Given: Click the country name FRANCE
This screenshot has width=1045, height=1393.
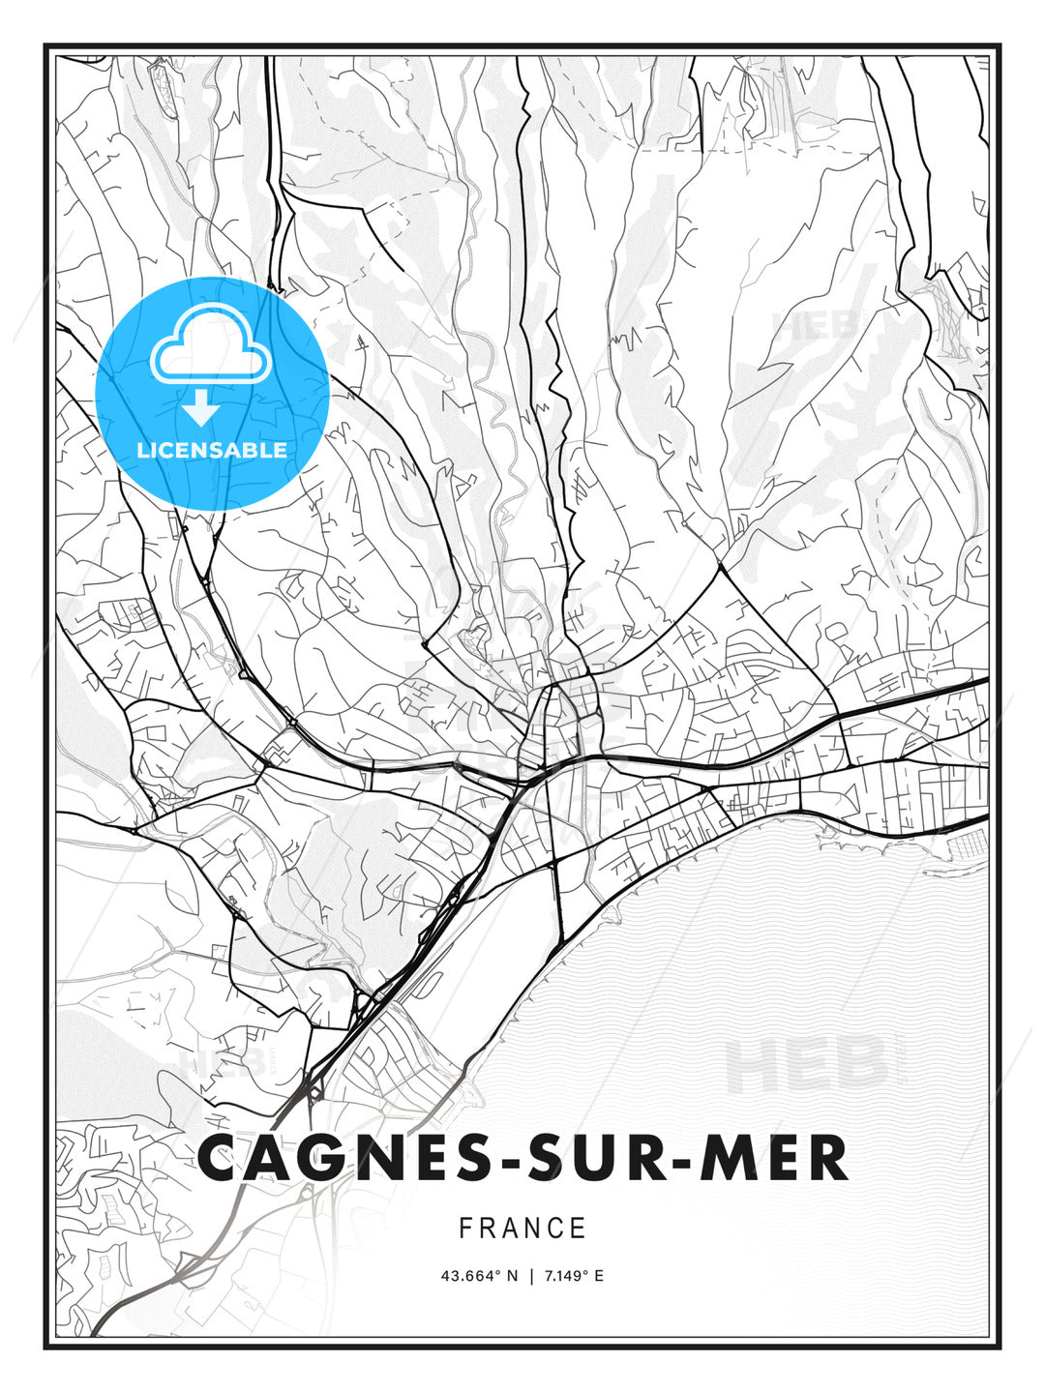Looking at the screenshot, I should (x=522, y=1229).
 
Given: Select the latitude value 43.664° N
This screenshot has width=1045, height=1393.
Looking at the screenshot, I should (x=479, y=1276).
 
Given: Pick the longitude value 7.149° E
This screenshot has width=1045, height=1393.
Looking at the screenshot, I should (x=573, y=1276).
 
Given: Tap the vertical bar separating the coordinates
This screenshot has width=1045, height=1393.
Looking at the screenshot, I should (x=530, y=1276).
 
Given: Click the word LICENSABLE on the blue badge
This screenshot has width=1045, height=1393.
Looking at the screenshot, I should (x=212, y=450).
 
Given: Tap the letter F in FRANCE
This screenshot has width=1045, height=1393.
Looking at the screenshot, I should (x=465, y=1229).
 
